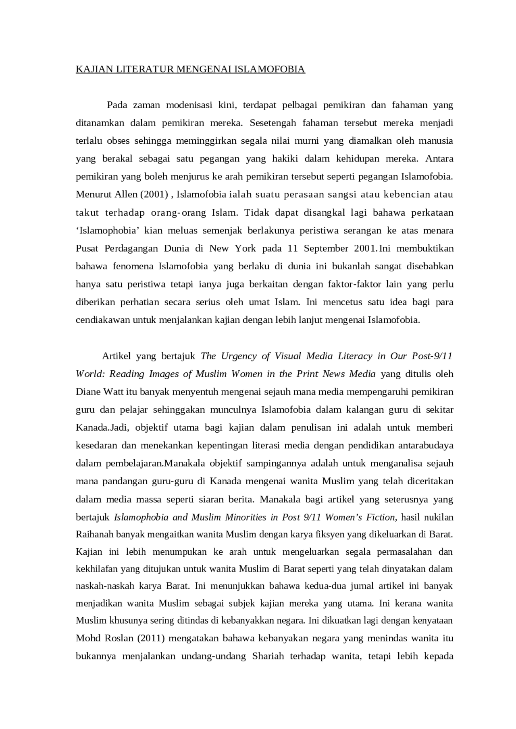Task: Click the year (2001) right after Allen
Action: [154, 194]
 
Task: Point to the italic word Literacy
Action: [355, 356]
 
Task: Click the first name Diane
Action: [88, 392]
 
